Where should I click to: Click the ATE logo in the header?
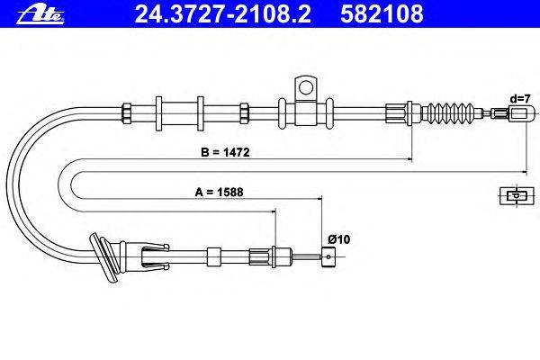[x=40, y=14]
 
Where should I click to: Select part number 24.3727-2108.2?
[x=222, y=13]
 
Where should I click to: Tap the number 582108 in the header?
[x=382, y=13]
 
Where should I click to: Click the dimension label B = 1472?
[x=225, y=152]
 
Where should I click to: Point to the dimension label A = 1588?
[x=219, y=192]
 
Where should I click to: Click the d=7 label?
[x=520, y=99]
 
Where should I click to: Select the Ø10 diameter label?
[x=339, y=239]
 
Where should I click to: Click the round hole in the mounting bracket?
[x=306, y=87]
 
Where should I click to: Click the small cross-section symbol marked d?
[x=517, y=196]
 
